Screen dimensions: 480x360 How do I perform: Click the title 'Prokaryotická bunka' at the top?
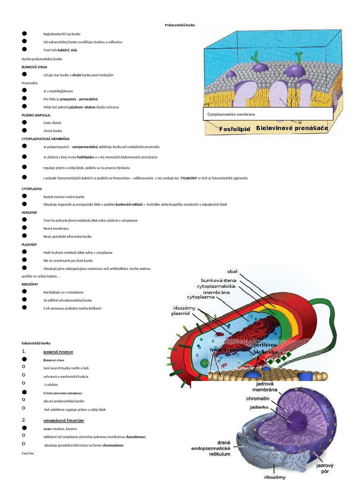(x=180, y=25)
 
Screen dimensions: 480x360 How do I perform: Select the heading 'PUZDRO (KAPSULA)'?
(x=36, y=115)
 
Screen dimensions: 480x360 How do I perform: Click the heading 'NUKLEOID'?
(x=29, y=212)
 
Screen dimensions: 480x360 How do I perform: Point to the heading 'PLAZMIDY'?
(x=29, y=244)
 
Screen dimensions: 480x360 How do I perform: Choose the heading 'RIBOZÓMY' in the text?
(x=30, y=284)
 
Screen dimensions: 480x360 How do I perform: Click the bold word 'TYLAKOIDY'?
(x=189, y=178)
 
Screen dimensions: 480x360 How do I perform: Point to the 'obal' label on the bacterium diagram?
(x=232, y=271)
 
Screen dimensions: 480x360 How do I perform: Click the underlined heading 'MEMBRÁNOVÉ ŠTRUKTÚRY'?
(x=64, y=420)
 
